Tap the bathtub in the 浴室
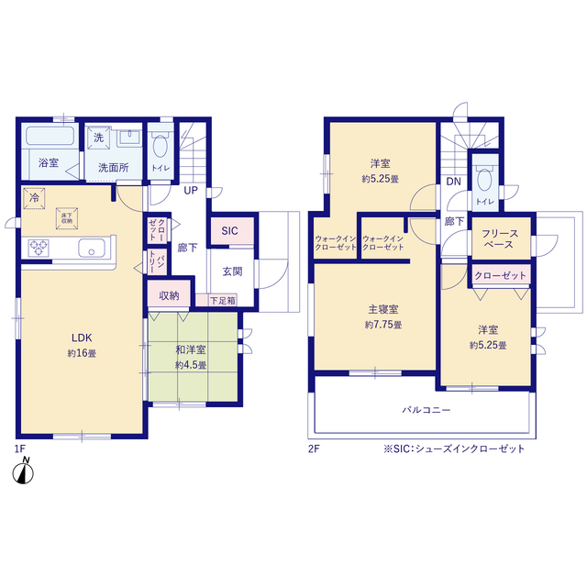click(50, 136)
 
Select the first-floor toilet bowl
click(161, 146)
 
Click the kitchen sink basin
click(92, 248)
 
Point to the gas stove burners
click(39, 248)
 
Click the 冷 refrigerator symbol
click(34, 198)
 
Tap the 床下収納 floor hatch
click(67, 218)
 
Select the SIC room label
click(229, 231)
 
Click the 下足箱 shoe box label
click(222, 300)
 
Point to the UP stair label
click(191, 191)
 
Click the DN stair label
click(453, 182)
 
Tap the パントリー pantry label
click(157, 260)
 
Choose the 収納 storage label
click(169, 295)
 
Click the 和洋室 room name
click(191, 349)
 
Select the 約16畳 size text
click(82, 353)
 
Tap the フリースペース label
click(499, 238)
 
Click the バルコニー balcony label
click(426, 410)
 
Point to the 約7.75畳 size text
click(383, 325)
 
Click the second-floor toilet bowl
click(484, 180)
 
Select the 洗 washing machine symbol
click(99, 138)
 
